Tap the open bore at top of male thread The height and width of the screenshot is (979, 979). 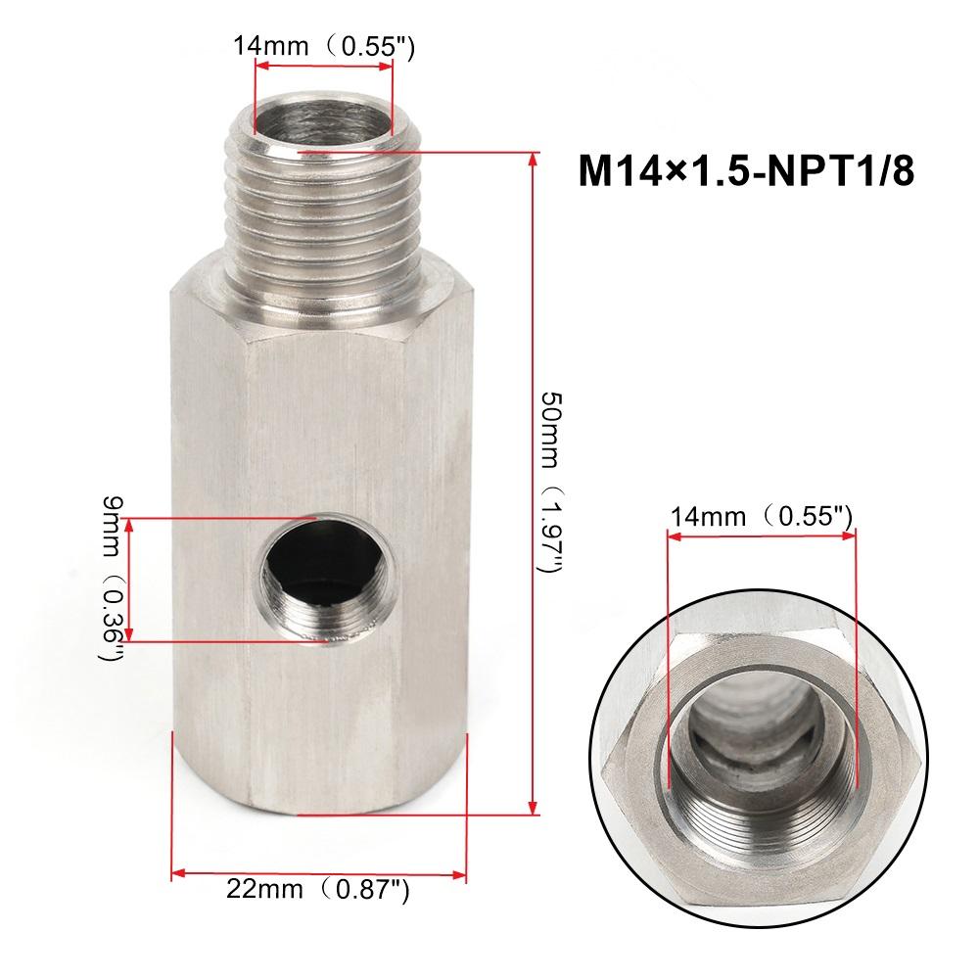[x=323, y=117]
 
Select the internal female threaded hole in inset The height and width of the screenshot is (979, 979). [x=761, y=744]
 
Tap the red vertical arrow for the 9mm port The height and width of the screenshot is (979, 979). [x=132, y=580]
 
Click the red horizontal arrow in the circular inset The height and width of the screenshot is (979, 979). [x=761, y=534]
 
